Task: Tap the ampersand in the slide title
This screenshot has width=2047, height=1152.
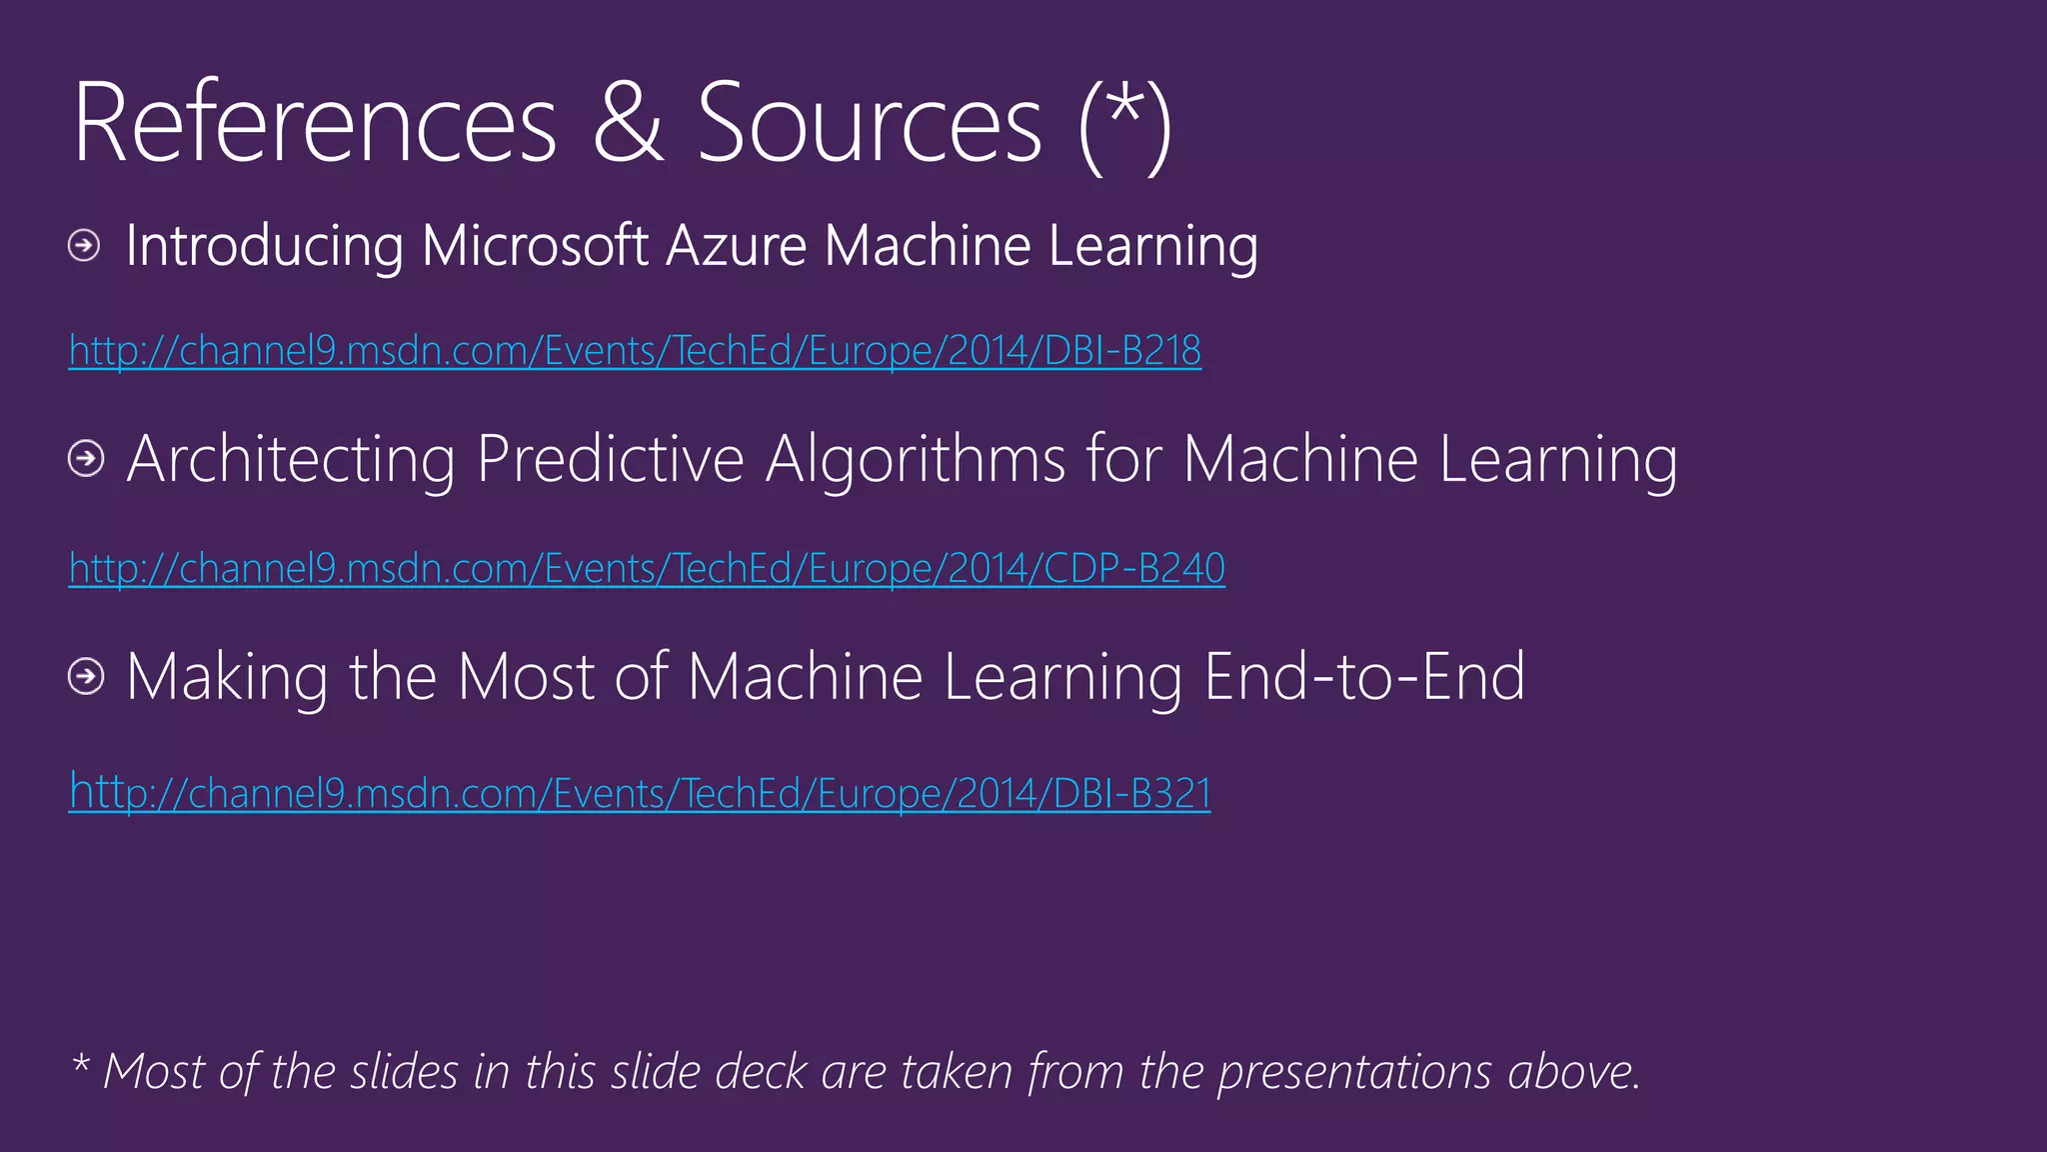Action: (x=628, y=124)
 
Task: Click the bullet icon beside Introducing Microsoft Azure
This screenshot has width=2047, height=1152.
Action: (x=85, y=245)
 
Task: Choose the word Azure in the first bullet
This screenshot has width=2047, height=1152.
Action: (x=736, y=246)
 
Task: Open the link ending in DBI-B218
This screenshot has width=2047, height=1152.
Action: (x=635, y=351)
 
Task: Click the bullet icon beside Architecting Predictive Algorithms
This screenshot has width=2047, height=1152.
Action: (x=86, y=459)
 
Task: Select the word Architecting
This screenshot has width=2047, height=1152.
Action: (x=291, y=460)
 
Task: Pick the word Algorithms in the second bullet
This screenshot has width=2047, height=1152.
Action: (x=916, y=460)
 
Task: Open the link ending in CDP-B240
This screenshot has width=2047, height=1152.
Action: (x=647, y=569)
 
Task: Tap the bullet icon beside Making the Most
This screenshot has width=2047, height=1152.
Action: (x=86, y=677)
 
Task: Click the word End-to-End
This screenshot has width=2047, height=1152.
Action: (x=1364, y=677)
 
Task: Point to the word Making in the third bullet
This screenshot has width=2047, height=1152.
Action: (x=227, y=678)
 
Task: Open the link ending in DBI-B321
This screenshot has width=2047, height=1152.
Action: (x=640, y=793)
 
